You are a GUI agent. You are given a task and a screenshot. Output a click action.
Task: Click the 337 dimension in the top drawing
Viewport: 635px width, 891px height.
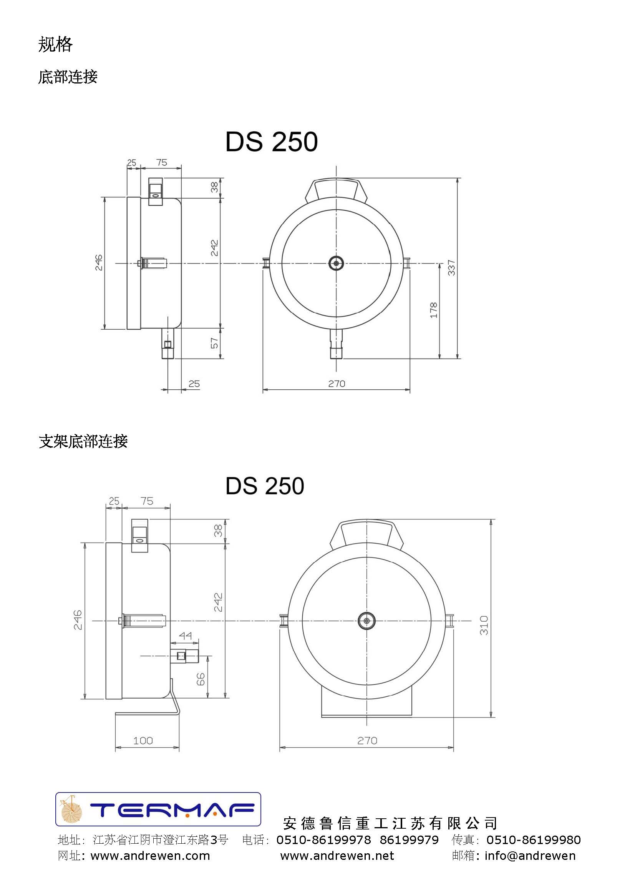tap(452, 267)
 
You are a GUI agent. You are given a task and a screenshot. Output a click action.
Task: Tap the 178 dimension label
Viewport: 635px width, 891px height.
tap(434, 310)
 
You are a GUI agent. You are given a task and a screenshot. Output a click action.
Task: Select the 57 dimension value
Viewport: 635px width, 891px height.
tap(215, 343)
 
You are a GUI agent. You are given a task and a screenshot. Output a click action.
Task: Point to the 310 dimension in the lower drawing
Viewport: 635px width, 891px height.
tap(484, 625)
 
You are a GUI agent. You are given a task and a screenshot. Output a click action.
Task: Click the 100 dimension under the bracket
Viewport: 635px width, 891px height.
tap(143, 740)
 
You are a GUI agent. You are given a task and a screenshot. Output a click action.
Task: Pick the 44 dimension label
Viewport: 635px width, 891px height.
tap(185, 636)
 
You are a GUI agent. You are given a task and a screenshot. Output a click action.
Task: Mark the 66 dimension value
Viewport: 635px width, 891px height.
tap(200, 679)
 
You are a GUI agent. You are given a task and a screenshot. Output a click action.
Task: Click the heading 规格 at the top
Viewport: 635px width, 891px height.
tap(55, 45)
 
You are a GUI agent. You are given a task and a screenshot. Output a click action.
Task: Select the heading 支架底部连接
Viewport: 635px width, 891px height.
tap(83, 441)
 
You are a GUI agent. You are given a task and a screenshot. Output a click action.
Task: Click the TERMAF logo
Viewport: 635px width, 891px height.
tap(158, 809)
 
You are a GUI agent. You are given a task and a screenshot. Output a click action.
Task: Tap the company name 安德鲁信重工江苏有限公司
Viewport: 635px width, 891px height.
tap(390, 823)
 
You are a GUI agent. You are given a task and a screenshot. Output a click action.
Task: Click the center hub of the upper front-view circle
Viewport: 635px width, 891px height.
tap(336, 263)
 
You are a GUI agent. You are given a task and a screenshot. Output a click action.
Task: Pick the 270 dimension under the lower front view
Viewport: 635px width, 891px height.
tap(367, 740)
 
